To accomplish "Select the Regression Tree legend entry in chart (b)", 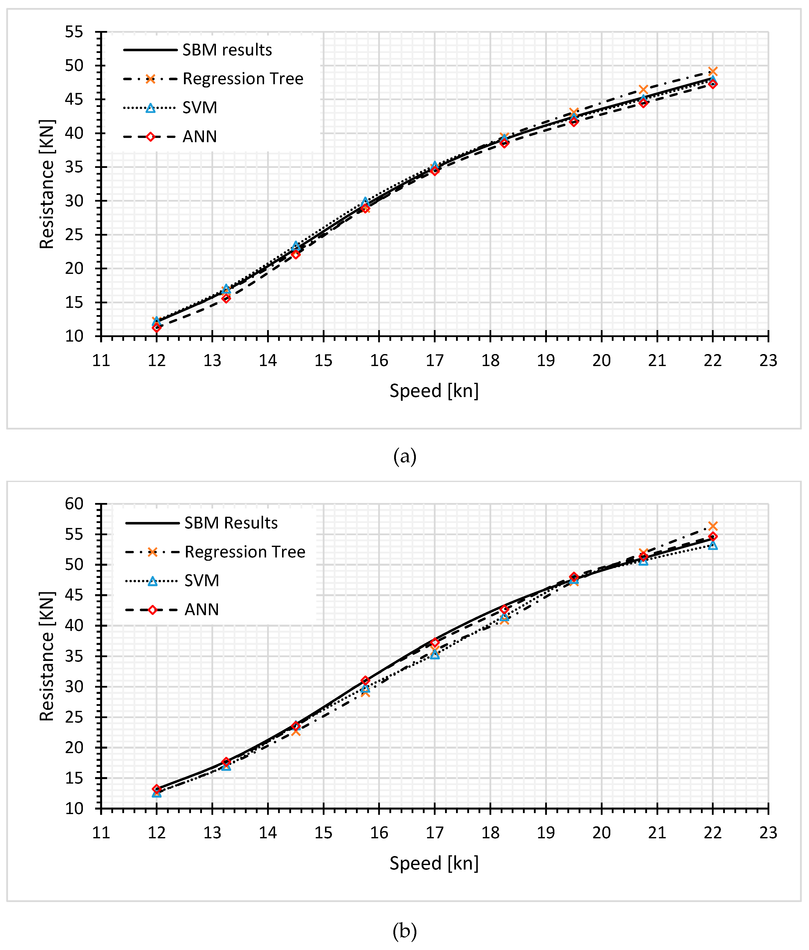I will click(245, 551).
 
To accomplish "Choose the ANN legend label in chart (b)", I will click(201, 609).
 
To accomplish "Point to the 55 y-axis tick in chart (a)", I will click(74, 32).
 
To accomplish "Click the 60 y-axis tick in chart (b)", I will click(74, 504).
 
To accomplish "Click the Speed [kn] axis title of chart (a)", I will click(434, 391).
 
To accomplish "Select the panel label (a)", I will click(404, 456).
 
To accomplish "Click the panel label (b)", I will click(404, 931).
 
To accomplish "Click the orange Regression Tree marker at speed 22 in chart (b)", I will click(712, 526).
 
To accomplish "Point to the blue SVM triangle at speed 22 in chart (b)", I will click(712, 545).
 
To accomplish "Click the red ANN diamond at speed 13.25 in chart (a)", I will click(226, 298).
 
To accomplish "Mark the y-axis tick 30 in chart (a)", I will click(74, 201).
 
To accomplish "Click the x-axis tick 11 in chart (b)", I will click(101, 833).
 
